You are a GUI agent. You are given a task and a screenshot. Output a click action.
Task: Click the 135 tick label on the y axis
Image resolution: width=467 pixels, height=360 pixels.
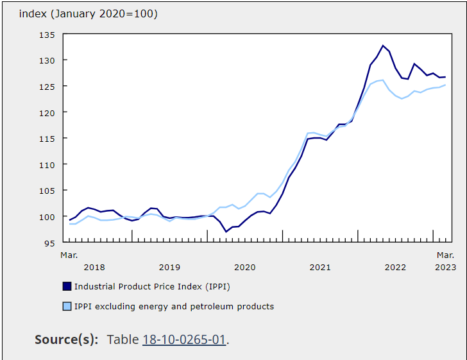46,35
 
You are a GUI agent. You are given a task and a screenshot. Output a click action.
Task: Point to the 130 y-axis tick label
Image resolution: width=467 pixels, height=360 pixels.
46,60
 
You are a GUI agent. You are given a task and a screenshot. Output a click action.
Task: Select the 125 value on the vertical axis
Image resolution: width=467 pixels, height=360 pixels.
46,87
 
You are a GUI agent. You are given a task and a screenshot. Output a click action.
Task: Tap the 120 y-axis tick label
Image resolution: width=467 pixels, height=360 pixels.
46,112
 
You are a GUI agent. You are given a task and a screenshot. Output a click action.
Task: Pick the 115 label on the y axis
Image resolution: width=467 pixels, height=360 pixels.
46,139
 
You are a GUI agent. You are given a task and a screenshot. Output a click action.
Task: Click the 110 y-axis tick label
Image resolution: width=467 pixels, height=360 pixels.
46,165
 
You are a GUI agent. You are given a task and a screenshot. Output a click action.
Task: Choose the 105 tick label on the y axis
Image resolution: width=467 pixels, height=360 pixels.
46,191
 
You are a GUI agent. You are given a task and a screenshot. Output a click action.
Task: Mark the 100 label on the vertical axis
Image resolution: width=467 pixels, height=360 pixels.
46,217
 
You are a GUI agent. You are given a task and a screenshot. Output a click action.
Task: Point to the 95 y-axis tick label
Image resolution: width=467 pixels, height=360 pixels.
49,243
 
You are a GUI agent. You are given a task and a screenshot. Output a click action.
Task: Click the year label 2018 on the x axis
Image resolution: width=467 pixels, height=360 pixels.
94,267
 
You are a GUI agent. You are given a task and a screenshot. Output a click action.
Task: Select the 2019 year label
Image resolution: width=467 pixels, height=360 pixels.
169,267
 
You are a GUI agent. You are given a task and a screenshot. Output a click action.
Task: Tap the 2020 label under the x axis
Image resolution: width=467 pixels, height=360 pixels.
244,267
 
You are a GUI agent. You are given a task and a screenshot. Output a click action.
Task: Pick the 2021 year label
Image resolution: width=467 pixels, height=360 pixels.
320,267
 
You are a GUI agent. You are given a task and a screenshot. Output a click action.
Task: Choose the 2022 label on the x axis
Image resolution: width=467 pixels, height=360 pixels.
395,267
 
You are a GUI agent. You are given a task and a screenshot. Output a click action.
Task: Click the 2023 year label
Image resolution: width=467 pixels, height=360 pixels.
445,267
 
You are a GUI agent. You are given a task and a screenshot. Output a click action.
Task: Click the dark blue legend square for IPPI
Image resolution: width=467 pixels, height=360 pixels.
67,286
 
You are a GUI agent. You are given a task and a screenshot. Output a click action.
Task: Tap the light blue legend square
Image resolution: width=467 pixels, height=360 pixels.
67,306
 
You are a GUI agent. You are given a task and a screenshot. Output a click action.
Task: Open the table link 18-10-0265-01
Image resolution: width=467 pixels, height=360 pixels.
183,339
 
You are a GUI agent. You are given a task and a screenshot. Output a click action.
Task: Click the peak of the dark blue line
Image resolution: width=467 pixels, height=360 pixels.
383,46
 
